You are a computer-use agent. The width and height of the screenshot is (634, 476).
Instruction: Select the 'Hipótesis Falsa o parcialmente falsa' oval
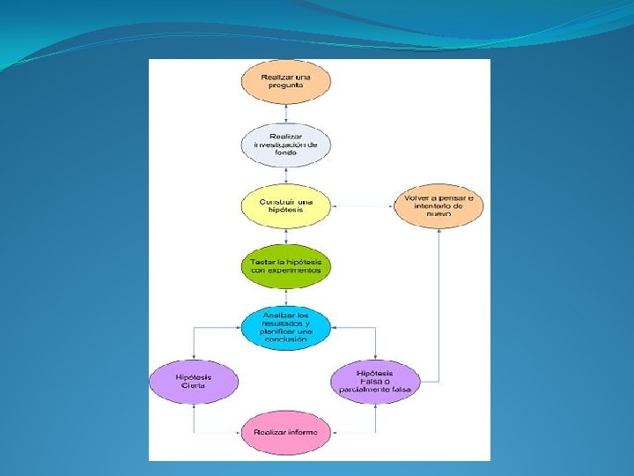click(375, 382)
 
